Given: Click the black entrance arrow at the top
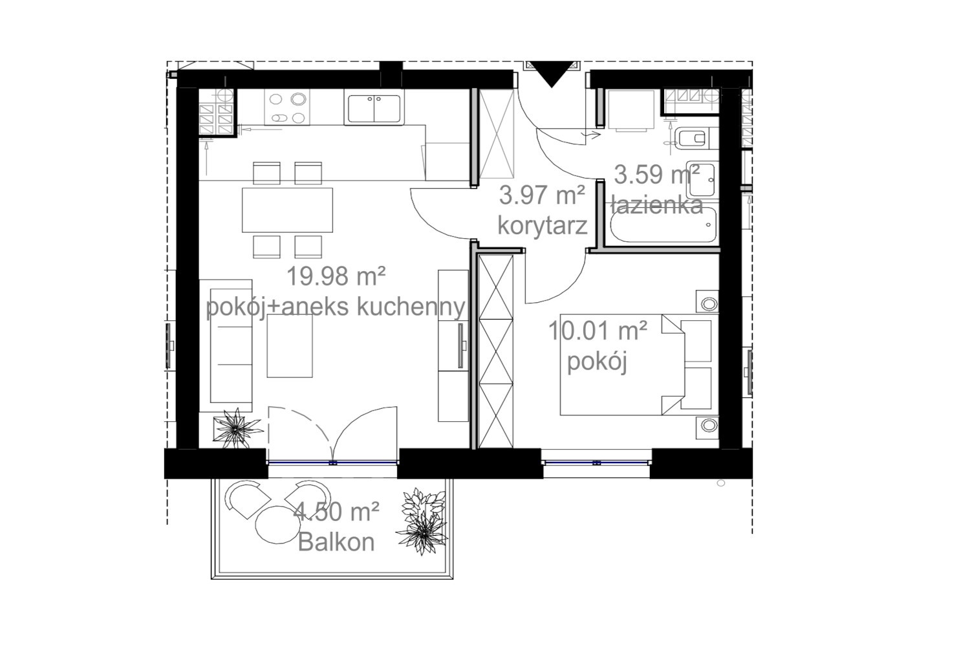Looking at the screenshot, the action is pyautogui.click(x=551, y=73).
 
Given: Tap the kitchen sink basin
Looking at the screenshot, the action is pyautogui.click(x=374, y=107).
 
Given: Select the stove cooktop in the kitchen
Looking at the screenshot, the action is pyautogui.click(x=287, y=107).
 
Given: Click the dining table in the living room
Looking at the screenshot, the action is pyautogui.click(x=288, y=210).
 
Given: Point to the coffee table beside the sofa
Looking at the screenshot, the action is pyautogui.click(x=290, y=345).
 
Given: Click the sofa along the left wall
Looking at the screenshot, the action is pyautogui.click(x=226, y=345).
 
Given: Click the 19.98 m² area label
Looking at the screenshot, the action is pyautogui.click(x=336, y=276).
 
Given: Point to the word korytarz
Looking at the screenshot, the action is pyautogui.click(x=542, y=225).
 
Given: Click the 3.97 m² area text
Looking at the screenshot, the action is pyautogui.click(x=542, y=195).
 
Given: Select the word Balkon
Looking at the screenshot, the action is pyautogui.click(x=336, y=542).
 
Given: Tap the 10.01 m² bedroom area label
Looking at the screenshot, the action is pyautogui.click(x=598, y=331).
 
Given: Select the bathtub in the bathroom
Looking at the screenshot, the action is pyautogui.click(x=663, y=225).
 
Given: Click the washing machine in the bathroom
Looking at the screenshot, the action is pyautogui.click(x=631, y=110).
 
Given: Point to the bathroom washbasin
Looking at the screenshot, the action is pyautogui.click(x=702, y=179).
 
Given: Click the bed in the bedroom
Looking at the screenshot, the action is pyautogui.click(x=636, y=365).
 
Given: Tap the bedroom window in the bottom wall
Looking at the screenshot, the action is pyautogui.click(x=597, y=463).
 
